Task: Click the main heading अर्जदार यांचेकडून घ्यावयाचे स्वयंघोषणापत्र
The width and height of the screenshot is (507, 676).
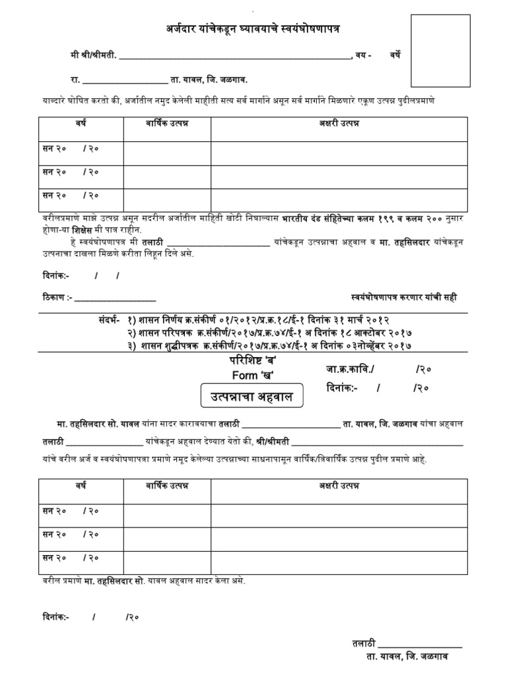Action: coord(253,28)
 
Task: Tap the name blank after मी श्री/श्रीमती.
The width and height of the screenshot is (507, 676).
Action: coord(234,56)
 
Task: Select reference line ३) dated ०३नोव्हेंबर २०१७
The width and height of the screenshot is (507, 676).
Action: coord(271,345)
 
